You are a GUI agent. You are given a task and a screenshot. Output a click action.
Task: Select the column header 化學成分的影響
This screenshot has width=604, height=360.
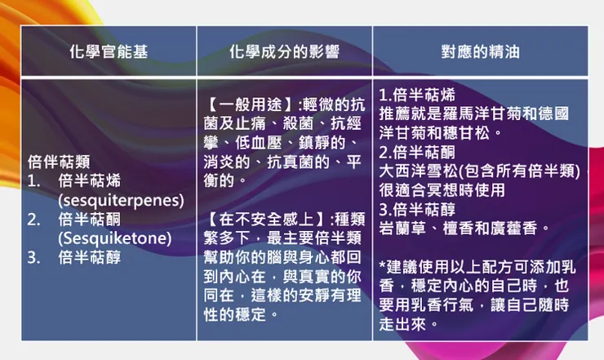click(x=284, y=52)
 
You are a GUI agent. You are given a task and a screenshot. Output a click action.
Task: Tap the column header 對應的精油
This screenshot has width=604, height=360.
click(x=480, y=52)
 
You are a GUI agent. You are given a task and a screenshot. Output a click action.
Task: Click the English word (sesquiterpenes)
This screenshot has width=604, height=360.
click(x=121, y=200)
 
